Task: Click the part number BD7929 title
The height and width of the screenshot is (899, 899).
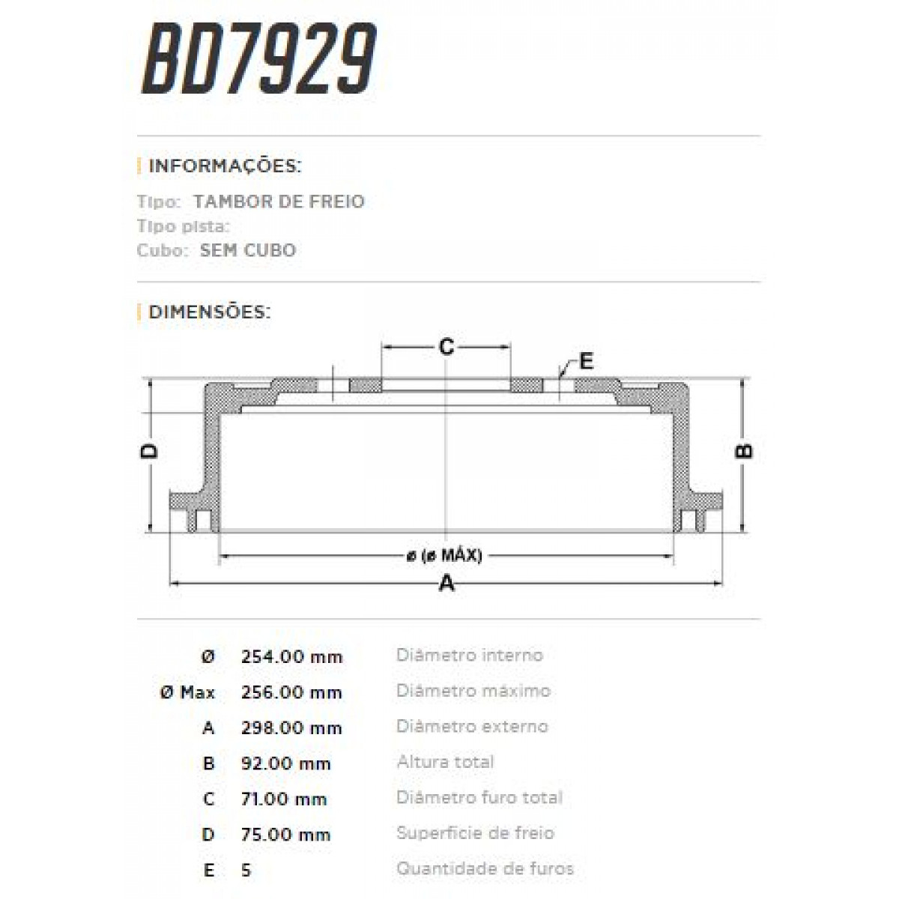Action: coord(259,60)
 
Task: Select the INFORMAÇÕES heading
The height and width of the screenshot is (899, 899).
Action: coord(225,166)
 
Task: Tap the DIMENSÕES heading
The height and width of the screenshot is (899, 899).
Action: coord(209,312)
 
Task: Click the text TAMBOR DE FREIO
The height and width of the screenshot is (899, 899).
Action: coord(279,202)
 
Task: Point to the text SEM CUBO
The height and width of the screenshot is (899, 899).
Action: coord(247,250)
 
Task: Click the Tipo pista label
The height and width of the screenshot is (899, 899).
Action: coord(183,226)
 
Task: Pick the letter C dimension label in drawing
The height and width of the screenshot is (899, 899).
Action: coord(447,347)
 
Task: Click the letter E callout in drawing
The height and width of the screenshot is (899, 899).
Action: coord(586,361)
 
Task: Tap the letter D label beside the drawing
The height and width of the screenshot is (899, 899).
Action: coord(151,451)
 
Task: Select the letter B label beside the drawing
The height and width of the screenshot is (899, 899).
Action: coord(743,451)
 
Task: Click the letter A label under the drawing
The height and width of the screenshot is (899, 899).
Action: coord(447,583)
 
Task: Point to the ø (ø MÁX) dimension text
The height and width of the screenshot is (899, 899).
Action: coord(444,556)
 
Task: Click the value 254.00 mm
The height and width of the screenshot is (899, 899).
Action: coord(291,657)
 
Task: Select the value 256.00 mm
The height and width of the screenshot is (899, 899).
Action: coord(291,692)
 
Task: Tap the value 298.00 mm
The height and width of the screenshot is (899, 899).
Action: coord(291,727)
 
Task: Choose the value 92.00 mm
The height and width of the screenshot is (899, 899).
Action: coord(285,763)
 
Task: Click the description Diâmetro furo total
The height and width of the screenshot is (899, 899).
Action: coord(479,798)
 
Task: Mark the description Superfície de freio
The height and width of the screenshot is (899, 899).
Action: coord(475,833)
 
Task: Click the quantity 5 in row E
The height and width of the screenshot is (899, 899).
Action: coord(246,870)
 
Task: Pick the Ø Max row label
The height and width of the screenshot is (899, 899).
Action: coord(187,692)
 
